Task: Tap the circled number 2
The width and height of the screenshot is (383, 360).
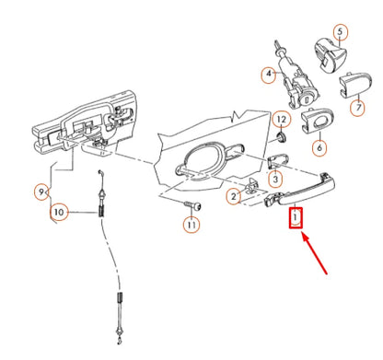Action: tap(233, 196)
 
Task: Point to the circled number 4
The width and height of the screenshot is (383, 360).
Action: tap(269, 73)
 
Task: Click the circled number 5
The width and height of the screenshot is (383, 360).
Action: tap(340, 32)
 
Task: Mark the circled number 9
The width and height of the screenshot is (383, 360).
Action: tap(41, 192)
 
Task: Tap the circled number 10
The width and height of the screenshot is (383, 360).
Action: tap(59, 213)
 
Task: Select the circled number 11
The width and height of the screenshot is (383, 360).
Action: tap(191, 224)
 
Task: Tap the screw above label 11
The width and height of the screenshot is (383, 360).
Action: tap(191, 204)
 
